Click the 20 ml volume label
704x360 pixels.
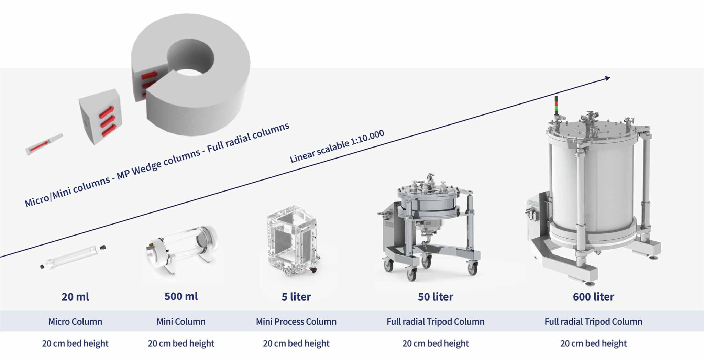pyautogui.click(x=75, y=296)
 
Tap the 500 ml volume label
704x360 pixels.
pyautogui.click(x=181, y=296)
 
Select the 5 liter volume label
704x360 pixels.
pyautogui.click(x=296, y=296)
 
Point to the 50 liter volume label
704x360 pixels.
pyautogui.click(x=436, y=296)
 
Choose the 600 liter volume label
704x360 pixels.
pyautogui.click(x=593, y=296)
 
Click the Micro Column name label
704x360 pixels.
pyautogui.click(x=75, y=321)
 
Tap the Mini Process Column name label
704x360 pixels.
pyautogui.click(x=296, y=321)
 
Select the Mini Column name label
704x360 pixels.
pyautogui.click(x=181, y=321)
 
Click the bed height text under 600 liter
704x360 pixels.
pyautogui.click(x=593, y=343)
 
